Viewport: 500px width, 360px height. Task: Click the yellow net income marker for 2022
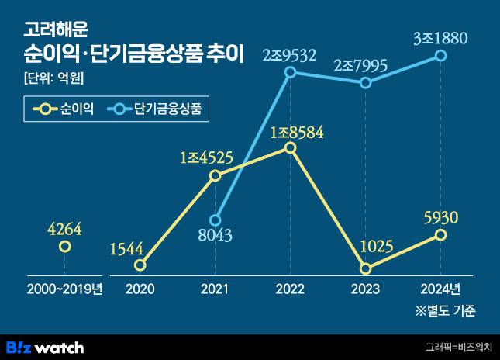click(x=290, y=147)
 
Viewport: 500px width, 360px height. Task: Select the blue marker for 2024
click(x=441, y=55)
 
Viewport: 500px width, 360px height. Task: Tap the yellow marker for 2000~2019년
click(x=65, y=247)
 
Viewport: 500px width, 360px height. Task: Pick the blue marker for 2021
click(x=216, y=220)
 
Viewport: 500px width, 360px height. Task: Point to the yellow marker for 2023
click(x=365, y=268)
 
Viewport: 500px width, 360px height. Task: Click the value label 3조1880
click(x=440, y=36)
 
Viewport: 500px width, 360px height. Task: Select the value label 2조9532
click(x=290, y=54)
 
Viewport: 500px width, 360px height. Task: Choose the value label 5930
click(x=441, y=216)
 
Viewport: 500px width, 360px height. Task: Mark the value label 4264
click(x=64, y=229)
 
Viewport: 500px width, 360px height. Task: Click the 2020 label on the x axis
click(x=140, y=289)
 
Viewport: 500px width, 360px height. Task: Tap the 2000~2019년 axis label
click(x=64, y=289)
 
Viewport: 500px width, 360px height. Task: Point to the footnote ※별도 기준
click(x=446, y=312)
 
